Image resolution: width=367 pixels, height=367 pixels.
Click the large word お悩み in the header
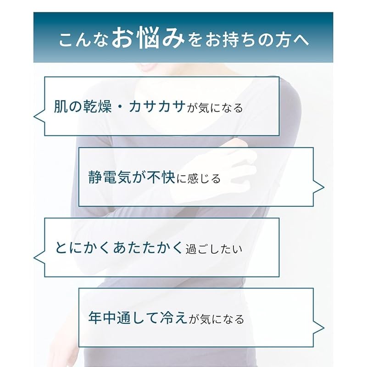tap(148, 38)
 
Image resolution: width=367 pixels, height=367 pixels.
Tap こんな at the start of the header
tap(83, 40)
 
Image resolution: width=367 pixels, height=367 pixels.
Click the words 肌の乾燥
tap(83, 106)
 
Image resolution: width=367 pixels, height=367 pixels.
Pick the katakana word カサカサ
tap(157, 106)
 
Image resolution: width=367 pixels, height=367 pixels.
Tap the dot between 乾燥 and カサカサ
tap(120, 107)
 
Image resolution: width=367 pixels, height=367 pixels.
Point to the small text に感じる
tap(199, 179)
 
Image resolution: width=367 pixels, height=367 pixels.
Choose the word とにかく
tap(83, 248)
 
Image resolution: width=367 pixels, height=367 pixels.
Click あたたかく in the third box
tap(148, 248)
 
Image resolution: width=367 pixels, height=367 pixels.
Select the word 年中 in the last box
tap(102, 317)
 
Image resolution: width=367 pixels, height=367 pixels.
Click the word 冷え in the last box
tap(174, 317)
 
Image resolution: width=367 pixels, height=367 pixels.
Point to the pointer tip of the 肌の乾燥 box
tap(34, 117)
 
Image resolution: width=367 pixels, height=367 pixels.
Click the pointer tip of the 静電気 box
tap(324, 187)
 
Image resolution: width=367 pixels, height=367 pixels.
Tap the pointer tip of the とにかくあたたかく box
tap(34, 258)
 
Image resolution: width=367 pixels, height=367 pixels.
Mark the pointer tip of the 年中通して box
tap(324, 328)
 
